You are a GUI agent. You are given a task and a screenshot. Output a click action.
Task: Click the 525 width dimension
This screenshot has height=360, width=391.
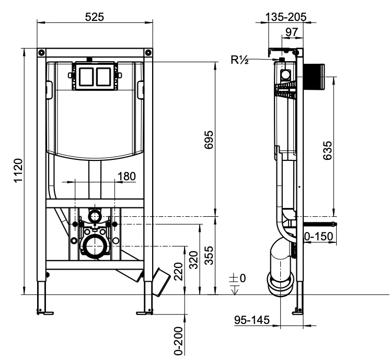[x=94, y=17]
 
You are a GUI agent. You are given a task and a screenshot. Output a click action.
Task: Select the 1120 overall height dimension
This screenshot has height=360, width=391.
[x=18, y=170]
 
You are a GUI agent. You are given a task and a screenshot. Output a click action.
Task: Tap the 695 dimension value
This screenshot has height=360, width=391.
[x=209, y=140]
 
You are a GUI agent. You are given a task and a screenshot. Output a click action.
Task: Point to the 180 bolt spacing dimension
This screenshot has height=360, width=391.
[x=126, y=176]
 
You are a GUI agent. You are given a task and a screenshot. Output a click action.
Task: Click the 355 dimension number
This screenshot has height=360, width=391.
[x=209, y=256]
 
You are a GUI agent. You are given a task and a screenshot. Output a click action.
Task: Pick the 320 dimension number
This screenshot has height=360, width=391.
[x=193, y=260]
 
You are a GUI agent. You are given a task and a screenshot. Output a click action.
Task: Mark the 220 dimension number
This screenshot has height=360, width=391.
[x=178, y=271]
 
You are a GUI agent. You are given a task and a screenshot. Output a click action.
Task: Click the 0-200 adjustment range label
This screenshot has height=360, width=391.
[x=178, y=341]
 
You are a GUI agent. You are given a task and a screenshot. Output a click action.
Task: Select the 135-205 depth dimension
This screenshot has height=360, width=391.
[x=285, y=17]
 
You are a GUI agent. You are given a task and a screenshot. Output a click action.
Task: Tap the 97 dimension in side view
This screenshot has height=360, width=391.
[x=292, y=32]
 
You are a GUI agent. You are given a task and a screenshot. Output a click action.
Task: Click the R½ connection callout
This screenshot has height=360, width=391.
[x=239, y=60]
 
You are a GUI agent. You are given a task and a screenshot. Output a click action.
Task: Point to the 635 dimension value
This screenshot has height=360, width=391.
[x=327, y=150]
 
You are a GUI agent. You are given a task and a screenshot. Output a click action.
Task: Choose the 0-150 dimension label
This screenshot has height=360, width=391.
[x=319, y=236]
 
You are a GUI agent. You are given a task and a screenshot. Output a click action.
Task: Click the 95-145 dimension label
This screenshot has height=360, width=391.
[x=252, y=320]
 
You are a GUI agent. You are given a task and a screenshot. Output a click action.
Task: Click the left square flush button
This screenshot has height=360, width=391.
[x=86, y=76]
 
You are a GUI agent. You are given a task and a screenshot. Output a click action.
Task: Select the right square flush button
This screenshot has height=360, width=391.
[x=103, y=76]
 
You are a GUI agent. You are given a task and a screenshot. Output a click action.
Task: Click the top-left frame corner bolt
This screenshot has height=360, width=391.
[x=41, y=53]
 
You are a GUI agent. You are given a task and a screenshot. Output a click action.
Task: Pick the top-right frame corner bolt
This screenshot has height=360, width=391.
[x=148, y=53]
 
